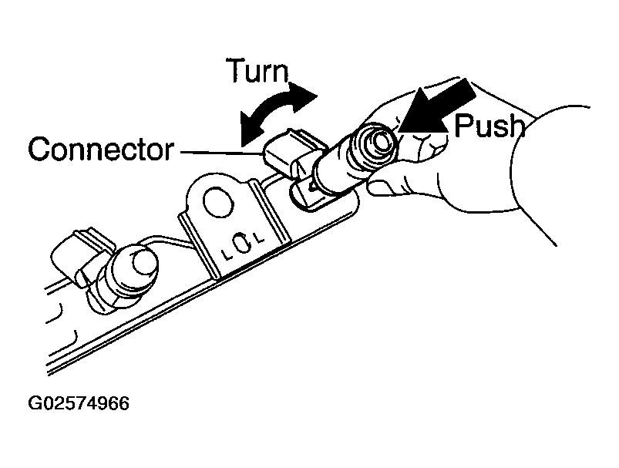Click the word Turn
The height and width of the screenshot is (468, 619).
click(x=256, y=71)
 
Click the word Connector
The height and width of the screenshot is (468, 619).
click(x=100, y=149)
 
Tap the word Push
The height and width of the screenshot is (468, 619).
click(x=489, y=125)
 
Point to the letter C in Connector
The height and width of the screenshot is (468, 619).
click(x=40, y=149)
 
